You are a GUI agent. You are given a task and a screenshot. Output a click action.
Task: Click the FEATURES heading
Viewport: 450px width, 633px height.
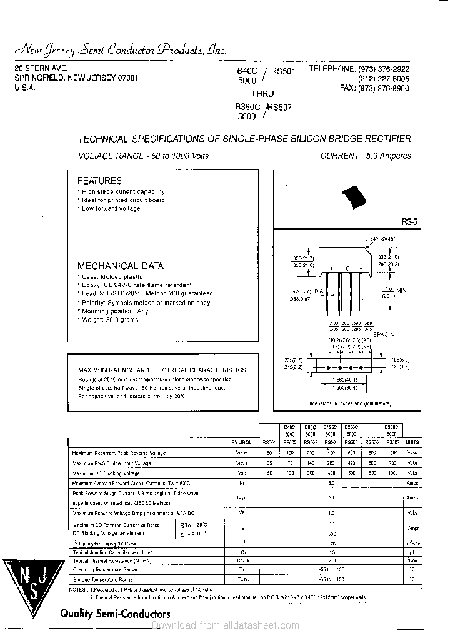[x=99, y=181]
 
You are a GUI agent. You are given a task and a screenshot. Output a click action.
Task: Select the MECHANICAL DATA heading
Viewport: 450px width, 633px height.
[x=120, y=266]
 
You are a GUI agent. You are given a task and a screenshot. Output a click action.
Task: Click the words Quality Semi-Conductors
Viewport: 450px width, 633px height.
[x=114, y=614]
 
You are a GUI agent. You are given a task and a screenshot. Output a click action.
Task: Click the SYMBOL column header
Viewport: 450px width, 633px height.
[x=240, y=442]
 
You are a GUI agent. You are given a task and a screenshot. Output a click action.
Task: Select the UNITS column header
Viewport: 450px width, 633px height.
[x=412, y=442]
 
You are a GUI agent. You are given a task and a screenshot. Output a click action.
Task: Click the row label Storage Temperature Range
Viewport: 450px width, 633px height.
[x=104, y=580]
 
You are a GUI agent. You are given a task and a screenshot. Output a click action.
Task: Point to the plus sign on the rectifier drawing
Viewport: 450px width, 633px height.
[x=329, y=270]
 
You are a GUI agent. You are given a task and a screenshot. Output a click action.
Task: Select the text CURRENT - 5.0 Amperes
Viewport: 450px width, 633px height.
[x=366, y=156]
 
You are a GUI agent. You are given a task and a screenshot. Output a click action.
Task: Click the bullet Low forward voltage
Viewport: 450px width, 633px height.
[x=111, y=209]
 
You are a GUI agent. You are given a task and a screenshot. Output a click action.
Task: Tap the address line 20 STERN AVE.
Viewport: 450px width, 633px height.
[x=41, y=68]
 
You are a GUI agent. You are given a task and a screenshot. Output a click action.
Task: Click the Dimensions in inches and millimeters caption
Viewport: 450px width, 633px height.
[x=353, y=405]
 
